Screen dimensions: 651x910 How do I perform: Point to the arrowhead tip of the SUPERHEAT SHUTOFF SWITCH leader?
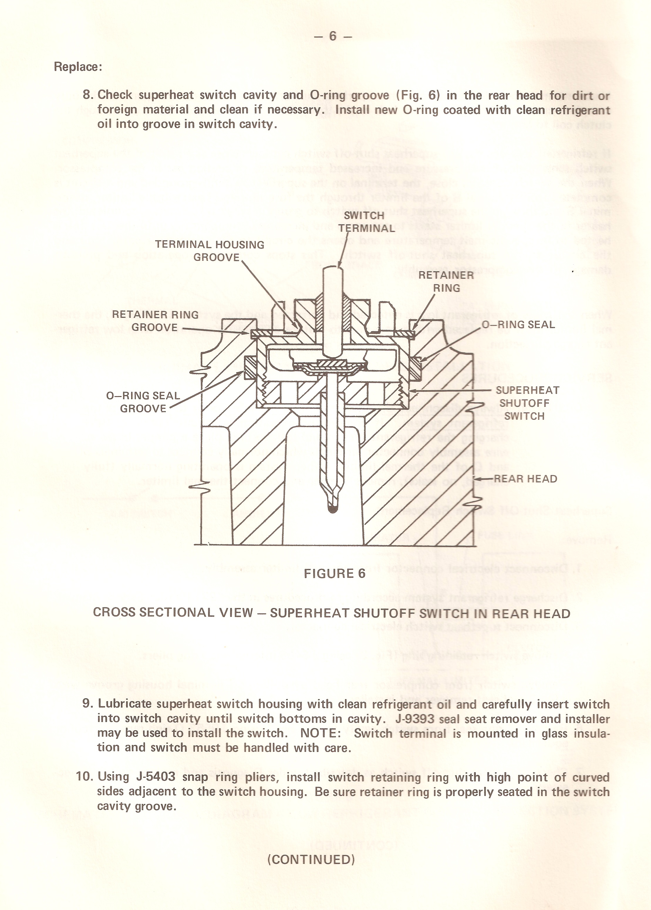410,390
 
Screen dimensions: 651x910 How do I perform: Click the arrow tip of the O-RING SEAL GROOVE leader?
243,371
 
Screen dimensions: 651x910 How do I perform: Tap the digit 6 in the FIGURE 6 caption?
362,573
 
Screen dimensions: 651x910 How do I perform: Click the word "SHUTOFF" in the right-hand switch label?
524,403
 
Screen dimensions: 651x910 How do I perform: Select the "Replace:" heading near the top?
78,67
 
